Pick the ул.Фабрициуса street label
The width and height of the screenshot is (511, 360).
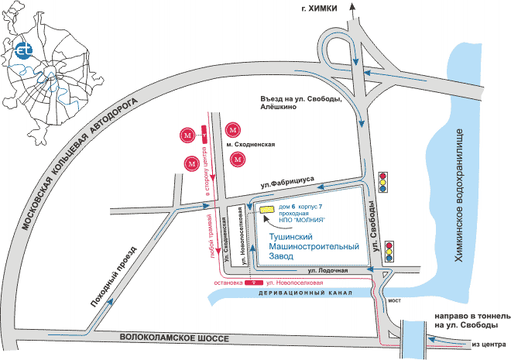click(x=287, y=181)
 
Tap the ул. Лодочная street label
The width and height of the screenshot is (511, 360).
click(x=325, y=270)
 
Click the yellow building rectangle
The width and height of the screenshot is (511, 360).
click(x=266, y=208)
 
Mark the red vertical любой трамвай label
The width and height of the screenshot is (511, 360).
click(x=211, y=239)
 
